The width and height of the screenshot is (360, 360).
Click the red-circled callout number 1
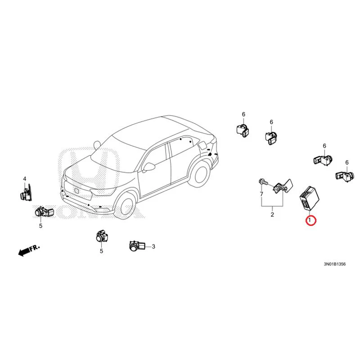tap(310, 220)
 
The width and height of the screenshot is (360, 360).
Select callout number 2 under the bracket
tap(272, 215)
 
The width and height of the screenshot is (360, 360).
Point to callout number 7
tap(261, 194)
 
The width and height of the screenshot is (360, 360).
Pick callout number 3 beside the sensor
tap(153, 247)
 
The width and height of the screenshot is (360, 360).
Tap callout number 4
tap(25, 179)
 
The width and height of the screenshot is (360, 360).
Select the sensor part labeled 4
tap(26, 193)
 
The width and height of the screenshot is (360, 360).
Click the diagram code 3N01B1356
tap(334, 264)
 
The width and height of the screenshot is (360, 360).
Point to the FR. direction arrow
tap(29, 250)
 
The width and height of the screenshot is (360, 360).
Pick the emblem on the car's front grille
tap(76, 190)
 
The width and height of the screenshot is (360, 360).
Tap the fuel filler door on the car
tap(202, 145)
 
